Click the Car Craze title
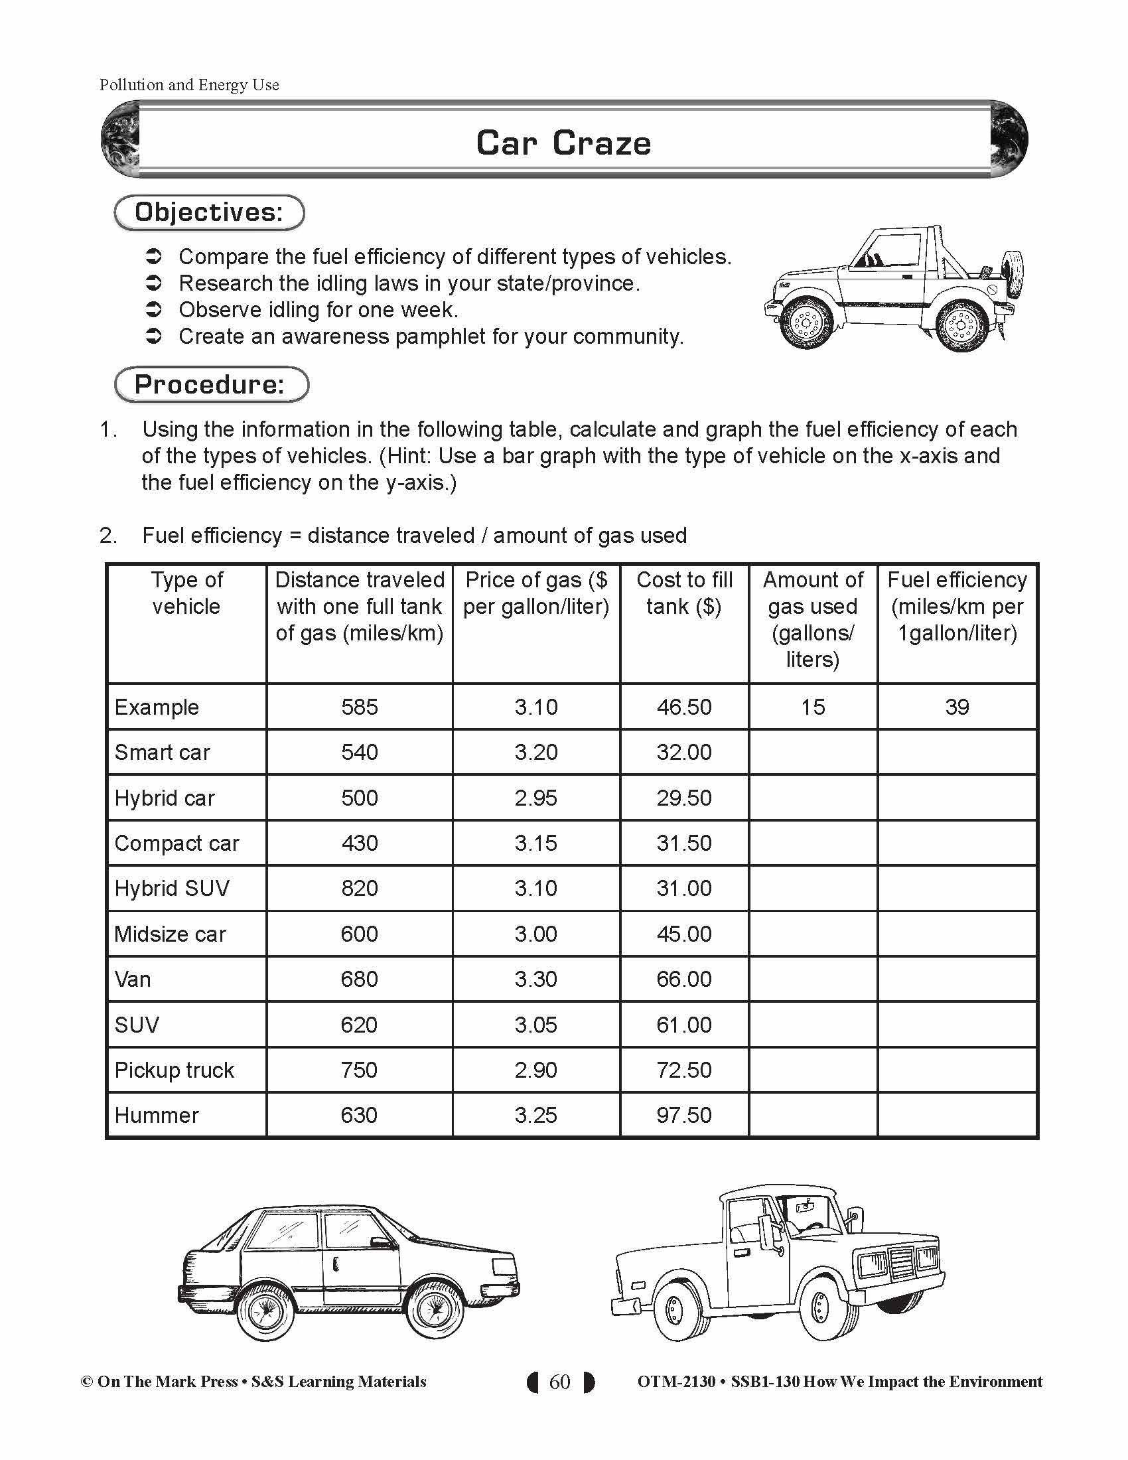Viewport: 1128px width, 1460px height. pyautogui.click(x=563, y=143)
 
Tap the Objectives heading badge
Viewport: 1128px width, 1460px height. pyautogui.click(x=209, y=212)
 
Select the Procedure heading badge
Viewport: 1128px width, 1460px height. pyautogui.click(x=210, y=384)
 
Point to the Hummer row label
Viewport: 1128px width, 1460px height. pyautogui.click(x=157, y=1115)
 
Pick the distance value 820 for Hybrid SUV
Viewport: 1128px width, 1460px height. pyautogui.click(x=360, y=889)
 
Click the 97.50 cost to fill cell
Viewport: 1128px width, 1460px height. pyautogui.click(x=684, y=1115)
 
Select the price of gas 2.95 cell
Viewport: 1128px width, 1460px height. pyautogui.click(x=536, y=798)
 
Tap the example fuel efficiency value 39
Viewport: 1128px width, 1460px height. pyautogui.click(x=957, y=707)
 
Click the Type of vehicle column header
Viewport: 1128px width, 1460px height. pyautogui.click(x=186, y=593)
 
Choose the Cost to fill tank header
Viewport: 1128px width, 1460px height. pyautogui.click(x=684, y=593)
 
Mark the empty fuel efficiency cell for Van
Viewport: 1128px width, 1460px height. pyautogui.click(x=957, y=979)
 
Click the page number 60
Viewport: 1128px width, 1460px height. pyautogui.click(x=560, y=1382)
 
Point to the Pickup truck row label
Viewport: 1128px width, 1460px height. pyautogui.click(x=175, y=1070)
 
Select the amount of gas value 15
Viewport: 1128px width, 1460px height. pyautogui.click(x=813, y=707)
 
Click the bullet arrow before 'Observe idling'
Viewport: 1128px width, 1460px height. pyautogui.click(x=154, y=309)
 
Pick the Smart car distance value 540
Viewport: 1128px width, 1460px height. pyautogui.click(x=360, y=752)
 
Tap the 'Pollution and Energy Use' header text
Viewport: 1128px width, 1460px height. pyautogui.click(x=189, y=85)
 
